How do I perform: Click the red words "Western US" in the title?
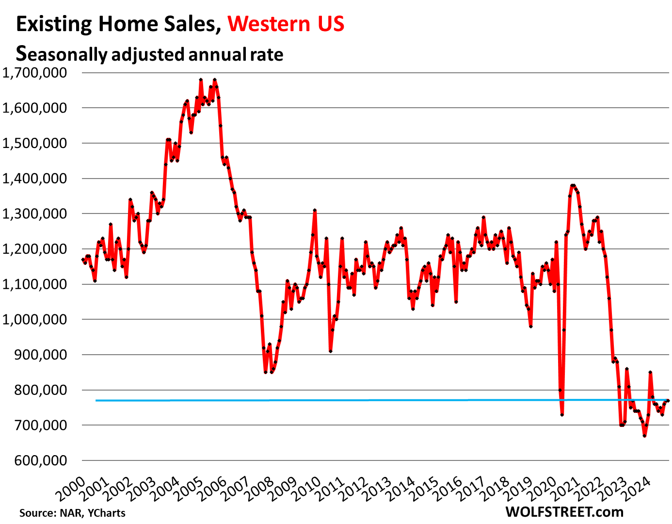click(x=286, y=24)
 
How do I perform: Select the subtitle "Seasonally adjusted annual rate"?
click(x=149, y=54)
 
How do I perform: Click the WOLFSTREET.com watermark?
click(x=564, y=511)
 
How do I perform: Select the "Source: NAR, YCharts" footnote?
click(x=72, y=513)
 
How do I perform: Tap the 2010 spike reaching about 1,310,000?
click(x=315, y=211)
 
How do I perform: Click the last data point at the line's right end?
click(x=668, y=400)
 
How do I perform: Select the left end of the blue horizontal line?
click(x=96, y=401)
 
